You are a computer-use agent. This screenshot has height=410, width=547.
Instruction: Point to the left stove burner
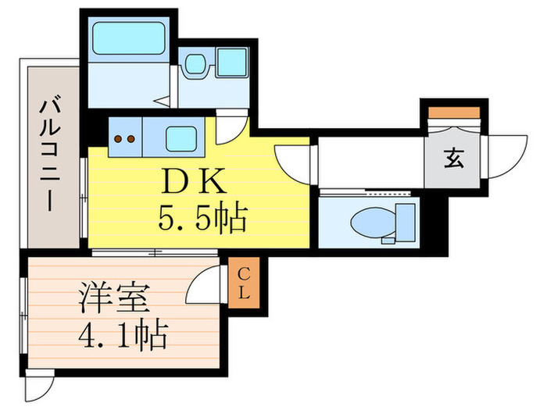[119, 141]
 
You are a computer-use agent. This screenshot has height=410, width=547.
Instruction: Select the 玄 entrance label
[453, 159]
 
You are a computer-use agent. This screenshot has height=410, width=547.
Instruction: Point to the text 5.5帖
[202, 219]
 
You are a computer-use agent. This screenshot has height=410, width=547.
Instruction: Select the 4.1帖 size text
[123, 336]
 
